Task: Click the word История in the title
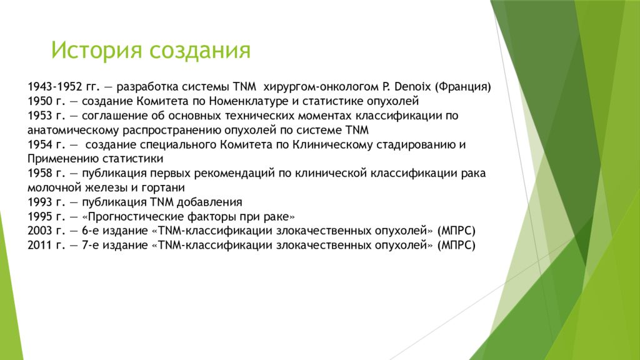click(x=97, y=50)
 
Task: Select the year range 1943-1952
click(x=56, y=87)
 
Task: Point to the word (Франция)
click(x=463, y=87)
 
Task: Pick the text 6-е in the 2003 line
click(x=90, y=231)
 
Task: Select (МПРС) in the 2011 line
click(x=456, y=245)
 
